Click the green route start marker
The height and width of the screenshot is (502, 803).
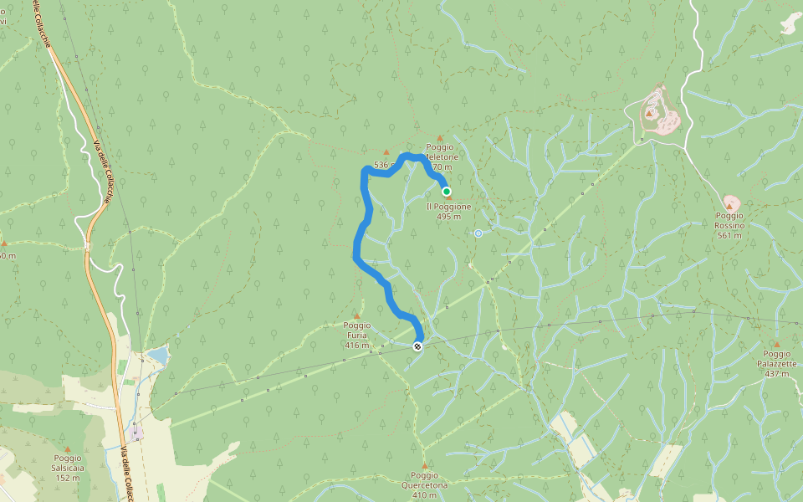point(447,191)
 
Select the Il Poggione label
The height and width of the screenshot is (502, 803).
point(448,207)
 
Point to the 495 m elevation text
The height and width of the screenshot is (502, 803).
point(448,217)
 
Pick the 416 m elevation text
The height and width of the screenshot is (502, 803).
point(356,345)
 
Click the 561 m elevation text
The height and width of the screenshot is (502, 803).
point(729,235)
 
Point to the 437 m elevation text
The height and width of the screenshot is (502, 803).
point(776,373)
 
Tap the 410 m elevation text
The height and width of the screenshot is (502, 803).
point(424,494)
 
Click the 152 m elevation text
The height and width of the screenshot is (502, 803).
point(67,478)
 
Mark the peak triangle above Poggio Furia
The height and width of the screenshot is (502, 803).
point(356,316)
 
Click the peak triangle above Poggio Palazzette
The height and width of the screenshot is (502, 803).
point(776,344)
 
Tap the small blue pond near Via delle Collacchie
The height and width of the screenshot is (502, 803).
point(157,356)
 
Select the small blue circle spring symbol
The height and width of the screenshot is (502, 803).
point(478,233)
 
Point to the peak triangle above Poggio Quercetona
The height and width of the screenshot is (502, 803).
point(424,466)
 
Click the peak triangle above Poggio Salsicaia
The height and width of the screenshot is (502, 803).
point(67,438)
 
